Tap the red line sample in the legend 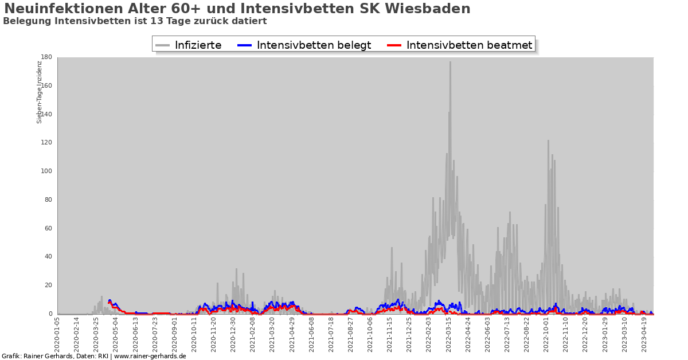(394, 45)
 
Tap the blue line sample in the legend (245, 45)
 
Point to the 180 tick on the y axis (46, 57)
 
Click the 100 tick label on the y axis (46, 171)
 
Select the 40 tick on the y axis (48, 257)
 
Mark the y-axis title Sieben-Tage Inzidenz (40, 92)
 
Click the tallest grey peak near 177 (450, 62)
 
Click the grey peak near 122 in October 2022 (548, 141)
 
